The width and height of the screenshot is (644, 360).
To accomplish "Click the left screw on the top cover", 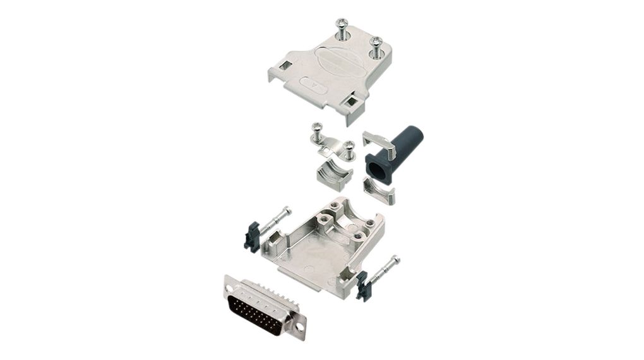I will click(342, 28).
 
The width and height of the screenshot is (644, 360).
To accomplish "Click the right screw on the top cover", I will click(376, 48).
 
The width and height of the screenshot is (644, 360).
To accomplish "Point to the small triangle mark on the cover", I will click(315, 83).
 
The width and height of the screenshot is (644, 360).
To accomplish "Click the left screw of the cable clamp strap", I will click(318, 132).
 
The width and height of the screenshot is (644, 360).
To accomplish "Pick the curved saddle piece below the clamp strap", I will click(333, 176).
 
